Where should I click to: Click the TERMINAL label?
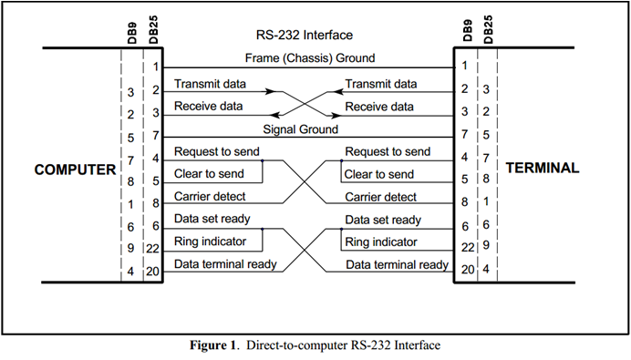click(543, 169)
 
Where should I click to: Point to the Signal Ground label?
click(301, 129)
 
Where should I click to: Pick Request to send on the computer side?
click(217, 151)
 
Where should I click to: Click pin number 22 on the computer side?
click(153, 248)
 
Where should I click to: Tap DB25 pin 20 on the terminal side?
click(464, 270)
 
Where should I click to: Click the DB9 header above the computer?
click(133, 34)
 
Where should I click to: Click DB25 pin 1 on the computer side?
click(156, 67)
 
